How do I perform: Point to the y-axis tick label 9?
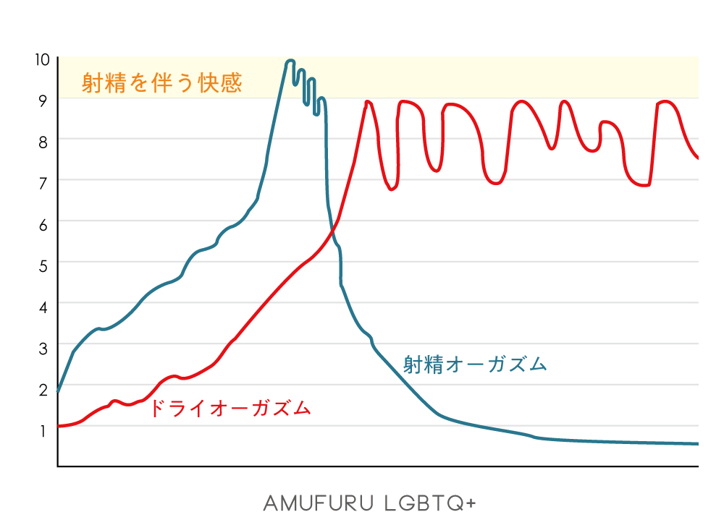tap(42, 101)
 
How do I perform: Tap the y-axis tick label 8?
tap(42, 142)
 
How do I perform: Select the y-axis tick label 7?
tap(42, 183)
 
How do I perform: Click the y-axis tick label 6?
tap(42, 224)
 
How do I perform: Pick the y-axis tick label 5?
tap(42, 265)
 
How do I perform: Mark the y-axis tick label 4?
tap(42, 307)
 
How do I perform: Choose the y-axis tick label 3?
tap(42, 348)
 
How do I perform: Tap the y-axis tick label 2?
tap(42, 389)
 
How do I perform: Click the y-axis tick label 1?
tap(42, 430)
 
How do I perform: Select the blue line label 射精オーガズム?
tap(474, 364)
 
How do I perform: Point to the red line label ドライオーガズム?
tap(230, 409)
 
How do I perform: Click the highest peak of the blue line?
tap(290, 61)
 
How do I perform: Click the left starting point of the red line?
tap(59, 426)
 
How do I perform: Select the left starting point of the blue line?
tap(59, 391)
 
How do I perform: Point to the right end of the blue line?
tap(696, 443)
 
